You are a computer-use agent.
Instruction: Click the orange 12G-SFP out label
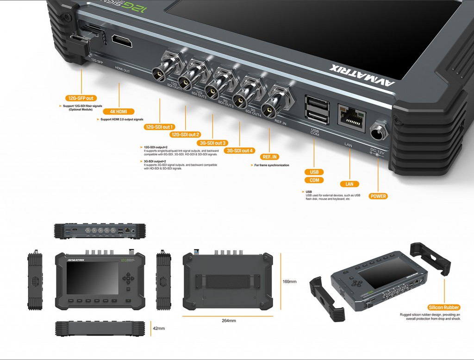pos(81,98)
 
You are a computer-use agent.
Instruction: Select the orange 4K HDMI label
pos(119,112)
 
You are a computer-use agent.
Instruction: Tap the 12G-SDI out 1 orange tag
pos(159,126)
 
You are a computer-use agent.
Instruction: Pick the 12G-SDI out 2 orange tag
pos(185,134)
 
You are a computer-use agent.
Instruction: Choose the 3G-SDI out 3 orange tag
pos(212,143)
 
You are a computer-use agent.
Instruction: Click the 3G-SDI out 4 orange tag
pos(240,151)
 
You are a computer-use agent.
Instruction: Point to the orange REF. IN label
pos(270,157)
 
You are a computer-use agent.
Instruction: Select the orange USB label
pos(314,172)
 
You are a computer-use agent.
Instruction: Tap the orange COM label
pos(314,180)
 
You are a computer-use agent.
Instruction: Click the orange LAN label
pos(349,184)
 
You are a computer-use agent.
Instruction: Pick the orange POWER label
pos(378,196)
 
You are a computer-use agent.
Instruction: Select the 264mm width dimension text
pos(229,321)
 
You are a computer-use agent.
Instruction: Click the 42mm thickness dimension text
pos(158,328)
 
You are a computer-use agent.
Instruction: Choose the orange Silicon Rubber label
pos(444,307)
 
